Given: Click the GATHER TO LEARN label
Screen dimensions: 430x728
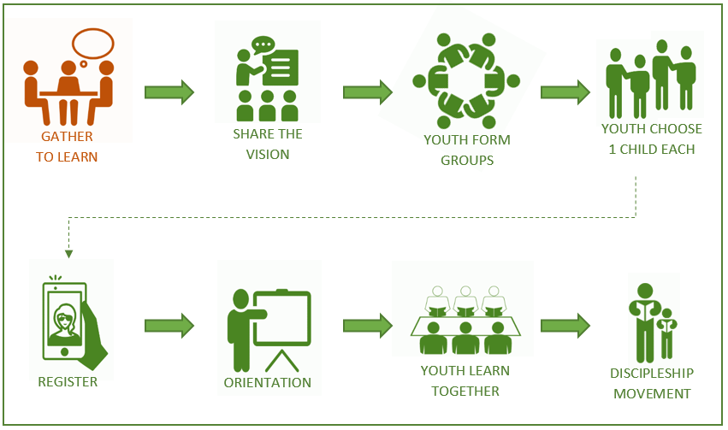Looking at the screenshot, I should (66, 146).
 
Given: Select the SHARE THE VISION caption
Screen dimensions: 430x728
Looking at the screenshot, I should (268, 144).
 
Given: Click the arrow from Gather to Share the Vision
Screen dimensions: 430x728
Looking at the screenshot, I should (169, 92).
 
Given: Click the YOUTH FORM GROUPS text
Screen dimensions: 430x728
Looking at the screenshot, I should (467, 150).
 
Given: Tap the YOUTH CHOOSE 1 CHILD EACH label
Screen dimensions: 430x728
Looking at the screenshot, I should (652, 139).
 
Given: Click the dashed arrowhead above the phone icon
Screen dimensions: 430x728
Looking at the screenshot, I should (68, 253).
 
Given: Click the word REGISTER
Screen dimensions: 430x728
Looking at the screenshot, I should (68, 382).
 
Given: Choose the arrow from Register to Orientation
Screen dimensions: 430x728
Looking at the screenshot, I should (169, 325).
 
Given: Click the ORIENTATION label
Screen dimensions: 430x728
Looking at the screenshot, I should (268, 382).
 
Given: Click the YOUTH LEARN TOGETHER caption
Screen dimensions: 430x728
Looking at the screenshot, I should (465, 381).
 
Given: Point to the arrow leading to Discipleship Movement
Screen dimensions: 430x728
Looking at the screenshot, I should (565, 325).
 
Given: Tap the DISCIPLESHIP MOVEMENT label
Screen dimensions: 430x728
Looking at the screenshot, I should (652, 383).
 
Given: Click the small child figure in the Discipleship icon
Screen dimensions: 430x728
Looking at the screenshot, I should (666, 333).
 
